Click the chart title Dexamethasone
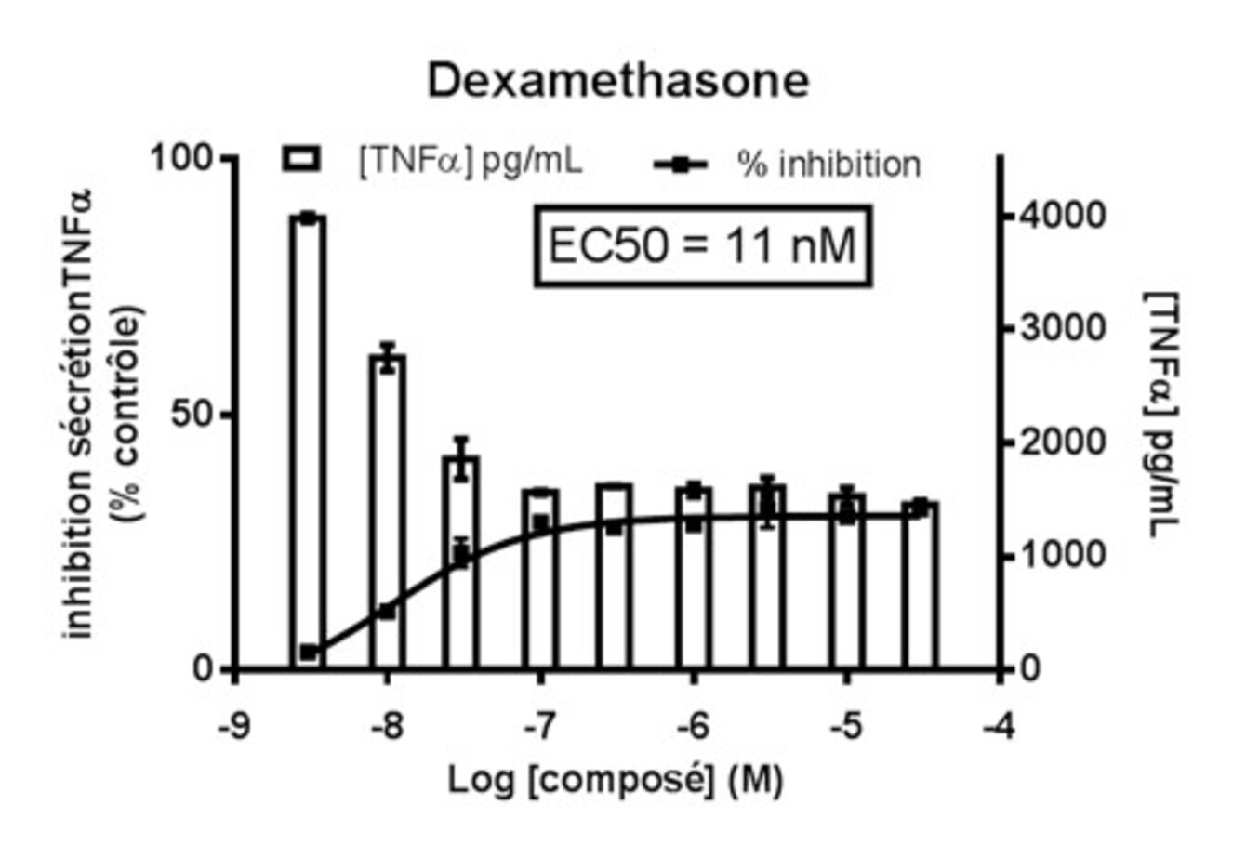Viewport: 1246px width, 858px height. tap(617, 81)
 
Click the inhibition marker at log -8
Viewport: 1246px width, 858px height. tap(388, 611)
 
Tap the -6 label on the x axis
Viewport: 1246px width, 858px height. tap(693, 724)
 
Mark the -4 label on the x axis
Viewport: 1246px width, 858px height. tap(1000, 724)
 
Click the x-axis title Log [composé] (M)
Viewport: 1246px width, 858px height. tap(616, 779)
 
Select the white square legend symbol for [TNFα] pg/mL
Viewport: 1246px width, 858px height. tap(301, 159)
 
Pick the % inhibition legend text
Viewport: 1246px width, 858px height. tap(828, 164)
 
